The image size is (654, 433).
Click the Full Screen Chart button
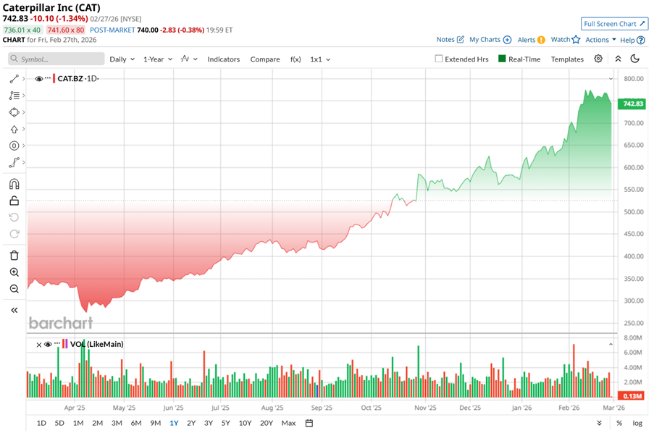coord(615,24)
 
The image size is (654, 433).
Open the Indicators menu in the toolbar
coord(224,59)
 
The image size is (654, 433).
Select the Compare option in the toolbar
coord(265,59)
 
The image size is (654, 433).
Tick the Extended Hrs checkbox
coord(439,59)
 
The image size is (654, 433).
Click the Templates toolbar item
coord(567,59)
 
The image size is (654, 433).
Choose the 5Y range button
coord(226,423)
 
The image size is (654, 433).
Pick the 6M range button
coord(135,423)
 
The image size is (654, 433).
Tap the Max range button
coord(288,423)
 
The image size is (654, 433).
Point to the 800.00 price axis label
coord(634,79)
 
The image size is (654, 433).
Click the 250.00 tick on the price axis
coord(634,323)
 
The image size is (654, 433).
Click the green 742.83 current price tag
coord(633,104)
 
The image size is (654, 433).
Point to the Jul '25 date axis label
coord(219,408)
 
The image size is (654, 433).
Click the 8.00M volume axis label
coord(632,338)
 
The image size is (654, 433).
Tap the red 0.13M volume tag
coord(633,396)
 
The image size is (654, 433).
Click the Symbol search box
coord(54,59)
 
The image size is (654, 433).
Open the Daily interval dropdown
coord(122,59)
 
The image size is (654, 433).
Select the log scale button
coord(637,423)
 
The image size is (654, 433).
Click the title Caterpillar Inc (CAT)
coord(51,8)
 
